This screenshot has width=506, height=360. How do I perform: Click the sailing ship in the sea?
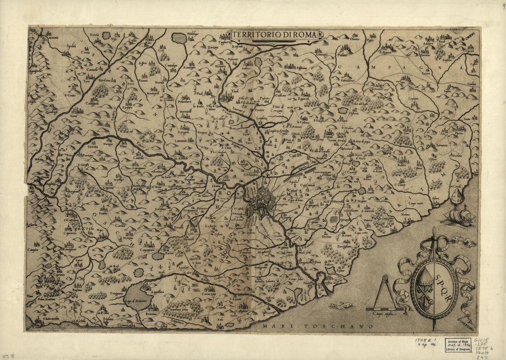[x=460, y=215]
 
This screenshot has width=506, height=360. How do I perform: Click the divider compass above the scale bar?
[x=385, y=292]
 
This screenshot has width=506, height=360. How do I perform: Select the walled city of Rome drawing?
[x=260, y=203]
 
